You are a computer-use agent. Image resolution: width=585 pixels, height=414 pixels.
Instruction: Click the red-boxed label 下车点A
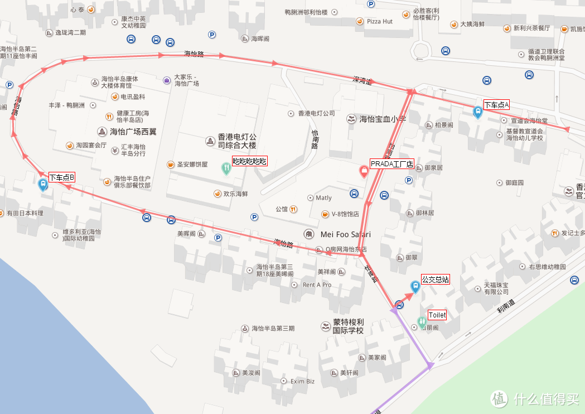point(496,105)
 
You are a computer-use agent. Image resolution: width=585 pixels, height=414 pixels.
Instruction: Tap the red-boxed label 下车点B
point(61,177)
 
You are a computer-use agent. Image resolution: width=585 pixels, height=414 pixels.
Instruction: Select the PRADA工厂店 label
point(391,164)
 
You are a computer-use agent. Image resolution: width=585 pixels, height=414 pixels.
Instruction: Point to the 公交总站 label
point(435,280)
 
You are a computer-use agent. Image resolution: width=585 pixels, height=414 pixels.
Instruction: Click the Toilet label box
point(437,315)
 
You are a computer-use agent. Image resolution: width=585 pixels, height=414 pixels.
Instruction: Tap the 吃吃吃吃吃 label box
point(249,162)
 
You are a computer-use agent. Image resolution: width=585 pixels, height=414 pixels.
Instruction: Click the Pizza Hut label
point(380,21)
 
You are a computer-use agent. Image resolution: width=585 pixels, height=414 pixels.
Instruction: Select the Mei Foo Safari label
point(345,234)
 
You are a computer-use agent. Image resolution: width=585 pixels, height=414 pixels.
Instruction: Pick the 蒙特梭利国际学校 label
point(348,326)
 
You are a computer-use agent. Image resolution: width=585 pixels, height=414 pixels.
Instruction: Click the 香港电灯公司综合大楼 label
point(236,141)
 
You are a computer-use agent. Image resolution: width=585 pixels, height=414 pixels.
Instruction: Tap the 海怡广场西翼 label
point(134,132)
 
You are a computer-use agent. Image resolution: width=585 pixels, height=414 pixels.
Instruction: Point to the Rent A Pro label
point(317,285)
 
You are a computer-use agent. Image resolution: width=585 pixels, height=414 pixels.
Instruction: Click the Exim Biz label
point(303,382)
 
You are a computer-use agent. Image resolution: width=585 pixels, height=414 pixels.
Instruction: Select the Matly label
point(323,198)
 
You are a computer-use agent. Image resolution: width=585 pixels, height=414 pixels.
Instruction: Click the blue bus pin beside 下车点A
point(477,112)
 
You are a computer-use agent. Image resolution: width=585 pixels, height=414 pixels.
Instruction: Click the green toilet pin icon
point(422,322)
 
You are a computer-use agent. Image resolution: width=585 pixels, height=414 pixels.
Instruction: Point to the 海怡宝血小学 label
point(383,119)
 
